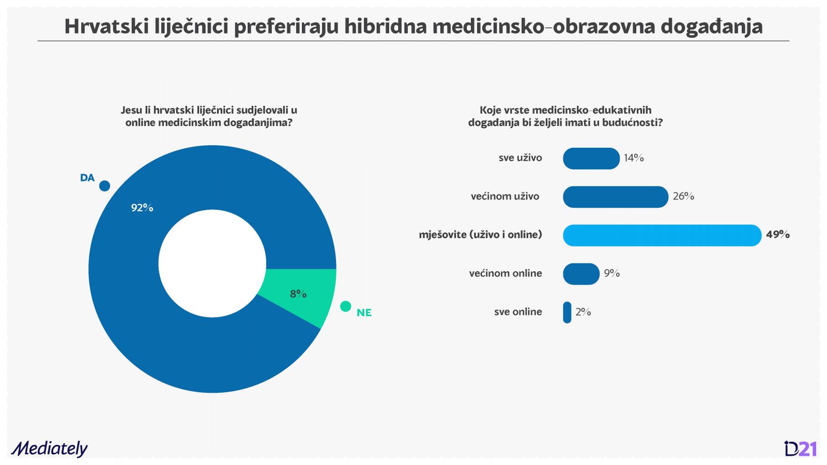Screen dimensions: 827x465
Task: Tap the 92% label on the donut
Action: click(142, 208)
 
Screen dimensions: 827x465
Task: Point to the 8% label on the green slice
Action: click(298, 294)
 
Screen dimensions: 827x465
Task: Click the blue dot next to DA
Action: click(105, 186)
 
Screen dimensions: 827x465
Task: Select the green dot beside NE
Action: click(346, 306)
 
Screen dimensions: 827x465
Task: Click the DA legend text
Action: click(87, 178)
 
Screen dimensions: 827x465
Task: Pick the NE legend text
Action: click(364, 313)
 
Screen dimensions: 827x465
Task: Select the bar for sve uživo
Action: click(591, 159)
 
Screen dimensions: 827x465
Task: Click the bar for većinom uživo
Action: click(616, 197)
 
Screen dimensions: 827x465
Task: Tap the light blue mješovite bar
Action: click(662, 236)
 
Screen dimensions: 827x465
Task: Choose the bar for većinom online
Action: click(581, 274)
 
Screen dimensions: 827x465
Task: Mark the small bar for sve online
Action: click(567, 312)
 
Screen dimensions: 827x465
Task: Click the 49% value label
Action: click(778, 235)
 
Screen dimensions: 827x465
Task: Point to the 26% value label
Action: click(683, 196)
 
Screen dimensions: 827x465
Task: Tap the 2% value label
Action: click(584, 312)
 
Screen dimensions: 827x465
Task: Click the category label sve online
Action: click(518, 312)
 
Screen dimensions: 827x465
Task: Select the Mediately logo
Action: click(50, 449)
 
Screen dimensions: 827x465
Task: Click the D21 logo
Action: click(800, 449)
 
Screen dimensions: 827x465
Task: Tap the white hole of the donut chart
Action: click(212, 263)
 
